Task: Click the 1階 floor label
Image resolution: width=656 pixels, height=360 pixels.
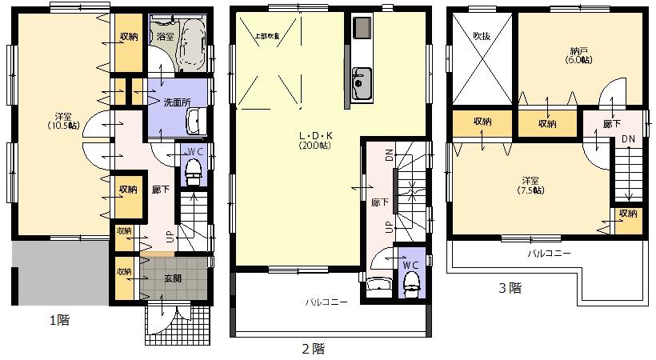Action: pos(59,320)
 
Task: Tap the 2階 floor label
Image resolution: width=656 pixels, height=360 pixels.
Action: pos(313,349)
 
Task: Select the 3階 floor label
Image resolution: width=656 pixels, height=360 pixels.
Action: pos(510,287)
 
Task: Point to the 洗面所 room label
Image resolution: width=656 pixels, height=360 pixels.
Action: pos(176,103)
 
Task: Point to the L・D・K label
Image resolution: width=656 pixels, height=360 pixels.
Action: pos(309,136)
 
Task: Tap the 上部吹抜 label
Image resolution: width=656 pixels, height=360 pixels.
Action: pos(266,35)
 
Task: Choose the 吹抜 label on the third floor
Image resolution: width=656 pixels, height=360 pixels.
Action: pos(481,36)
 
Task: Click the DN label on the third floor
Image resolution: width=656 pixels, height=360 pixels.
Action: pos(628,138)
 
